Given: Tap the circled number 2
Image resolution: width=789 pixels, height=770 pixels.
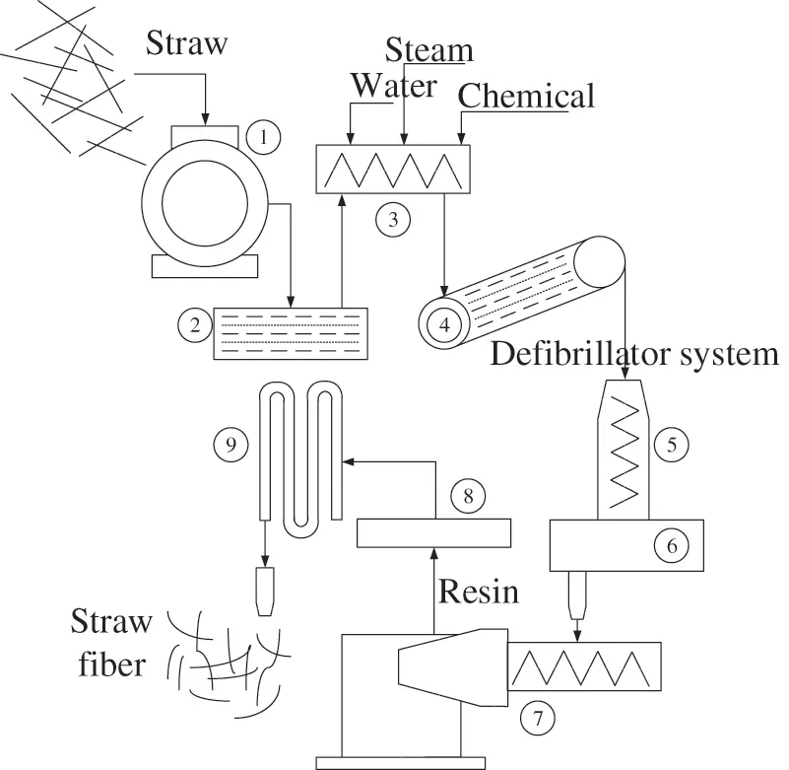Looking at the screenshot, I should click(194, 322).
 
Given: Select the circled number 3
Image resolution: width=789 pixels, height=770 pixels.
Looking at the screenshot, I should click(392, 220).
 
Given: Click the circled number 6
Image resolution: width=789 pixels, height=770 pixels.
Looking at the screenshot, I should click(671, 542).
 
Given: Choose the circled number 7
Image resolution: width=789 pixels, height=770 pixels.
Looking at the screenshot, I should click(537, 715).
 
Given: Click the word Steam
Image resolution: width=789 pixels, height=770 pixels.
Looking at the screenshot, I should click(428, 49).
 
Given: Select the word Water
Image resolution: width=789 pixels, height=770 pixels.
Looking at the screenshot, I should click(394, 86).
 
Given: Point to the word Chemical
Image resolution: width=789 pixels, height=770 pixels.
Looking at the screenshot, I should click(527, 96).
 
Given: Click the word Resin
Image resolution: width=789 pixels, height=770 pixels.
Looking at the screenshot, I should click(478, 592).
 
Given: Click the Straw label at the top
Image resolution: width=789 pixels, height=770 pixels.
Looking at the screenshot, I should click(188, 42).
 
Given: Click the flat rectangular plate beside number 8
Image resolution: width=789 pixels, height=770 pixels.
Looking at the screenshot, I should click(433, 532).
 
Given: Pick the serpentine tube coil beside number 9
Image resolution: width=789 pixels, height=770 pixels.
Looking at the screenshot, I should click(300, 454).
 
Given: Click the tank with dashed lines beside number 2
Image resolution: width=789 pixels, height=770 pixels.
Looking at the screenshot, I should click(290, 331).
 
